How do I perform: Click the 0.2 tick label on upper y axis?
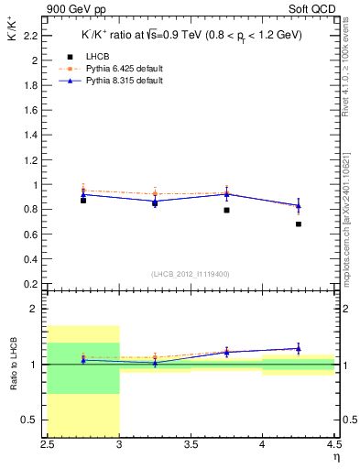coord(30,284)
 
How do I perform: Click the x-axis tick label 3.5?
coord(191,443)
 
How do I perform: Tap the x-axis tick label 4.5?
coord(333,443)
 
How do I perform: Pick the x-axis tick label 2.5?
coord(48,443)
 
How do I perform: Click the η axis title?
coord(335,455)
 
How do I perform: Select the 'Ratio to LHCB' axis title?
coord(16,365)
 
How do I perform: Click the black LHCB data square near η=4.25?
coord(299,224)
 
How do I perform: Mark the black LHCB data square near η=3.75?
coord(226,210)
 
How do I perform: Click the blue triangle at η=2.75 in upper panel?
coord(83,194)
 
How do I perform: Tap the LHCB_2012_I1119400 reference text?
coord(191,274)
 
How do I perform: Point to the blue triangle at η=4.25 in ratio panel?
coord(299,348)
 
